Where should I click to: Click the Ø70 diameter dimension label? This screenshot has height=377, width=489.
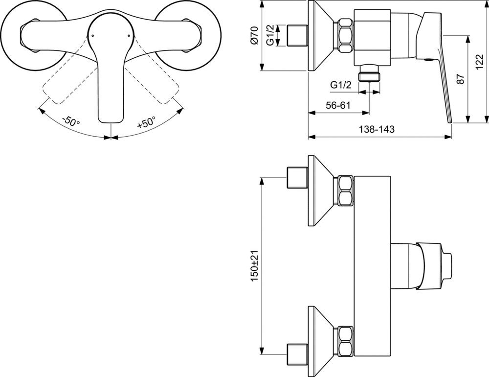[x=254, y=35]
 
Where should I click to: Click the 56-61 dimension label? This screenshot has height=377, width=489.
[x=338, y=105]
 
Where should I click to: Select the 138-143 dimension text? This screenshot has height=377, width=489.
[x=377, y=129]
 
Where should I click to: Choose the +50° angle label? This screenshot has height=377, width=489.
[x=146, y=122]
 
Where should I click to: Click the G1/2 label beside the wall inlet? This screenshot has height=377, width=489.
[x=271, y=36]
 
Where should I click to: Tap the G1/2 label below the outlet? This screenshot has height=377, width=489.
[x=341, y=85]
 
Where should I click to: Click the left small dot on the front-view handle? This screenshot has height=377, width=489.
[x=92, y=36]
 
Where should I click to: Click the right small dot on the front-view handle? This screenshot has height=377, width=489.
[x=129, y=36]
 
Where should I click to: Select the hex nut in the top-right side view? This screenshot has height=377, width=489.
[x=346, y=35]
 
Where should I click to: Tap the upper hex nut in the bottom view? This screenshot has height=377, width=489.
[x=346, y=191]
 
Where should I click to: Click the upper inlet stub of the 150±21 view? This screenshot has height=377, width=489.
[x=297, y=178]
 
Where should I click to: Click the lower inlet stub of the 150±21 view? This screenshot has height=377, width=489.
[x=297, y=354]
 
